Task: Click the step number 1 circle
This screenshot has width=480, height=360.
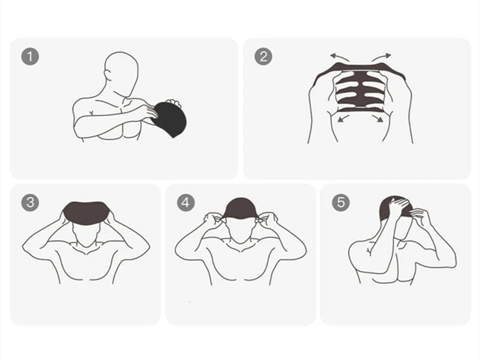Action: (x=30, y=57)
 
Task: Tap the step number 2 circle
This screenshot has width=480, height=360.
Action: (x=263, y=57)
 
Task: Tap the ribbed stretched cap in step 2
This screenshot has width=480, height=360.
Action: (x=360, y=90)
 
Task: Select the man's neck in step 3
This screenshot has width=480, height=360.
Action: (x=86, y=245)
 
